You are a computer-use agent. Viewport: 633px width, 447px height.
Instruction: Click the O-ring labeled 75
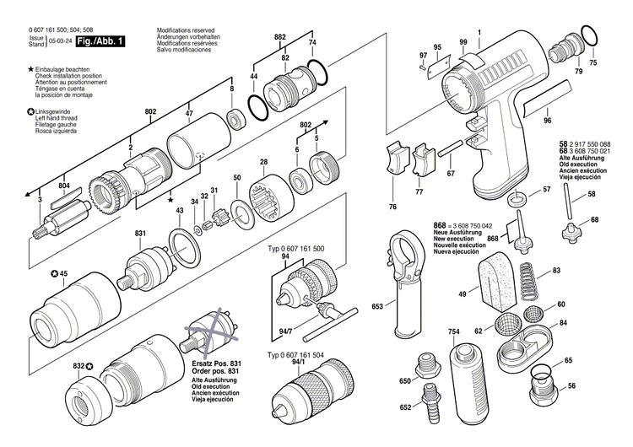click(592, 36)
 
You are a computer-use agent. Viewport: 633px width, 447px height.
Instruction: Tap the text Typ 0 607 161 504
click(301, 355)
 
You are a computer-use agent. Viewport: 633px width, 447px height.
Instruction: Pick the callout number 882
click(279, 37)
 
